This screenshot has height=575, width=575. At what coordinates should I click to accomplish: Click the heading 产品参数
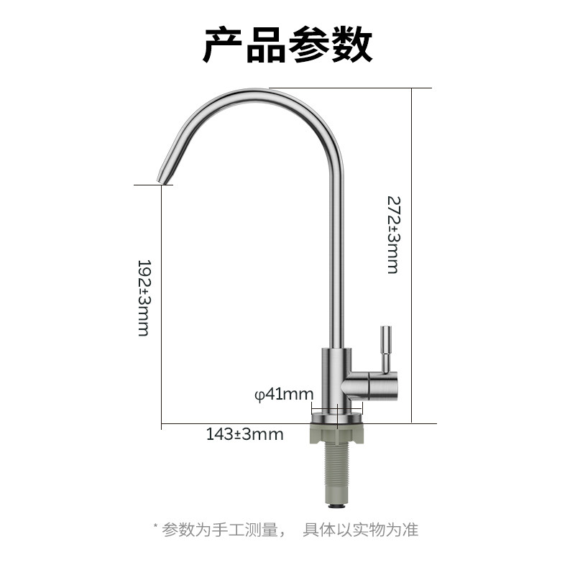[287, 45]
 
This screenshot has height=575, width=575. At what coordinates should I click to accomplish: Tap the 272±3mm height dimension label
[392, 234]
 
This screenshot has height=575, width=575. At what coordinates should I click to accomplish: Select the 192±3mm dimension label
[143, 298]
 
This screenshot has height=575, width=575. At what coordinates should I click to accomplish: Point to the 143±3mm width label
[244, 434]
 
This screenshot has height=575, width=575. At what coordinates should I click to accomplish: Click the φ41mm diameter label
[285, 394]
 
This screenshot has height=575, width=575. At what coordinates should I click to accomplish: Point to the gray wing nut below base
[337, 433]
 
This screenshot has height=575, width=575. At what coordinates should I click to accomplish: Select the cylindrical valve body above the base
[336, 377]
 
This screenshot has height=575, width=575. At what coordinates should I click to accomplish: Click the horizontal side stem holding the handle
[370, 385]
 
